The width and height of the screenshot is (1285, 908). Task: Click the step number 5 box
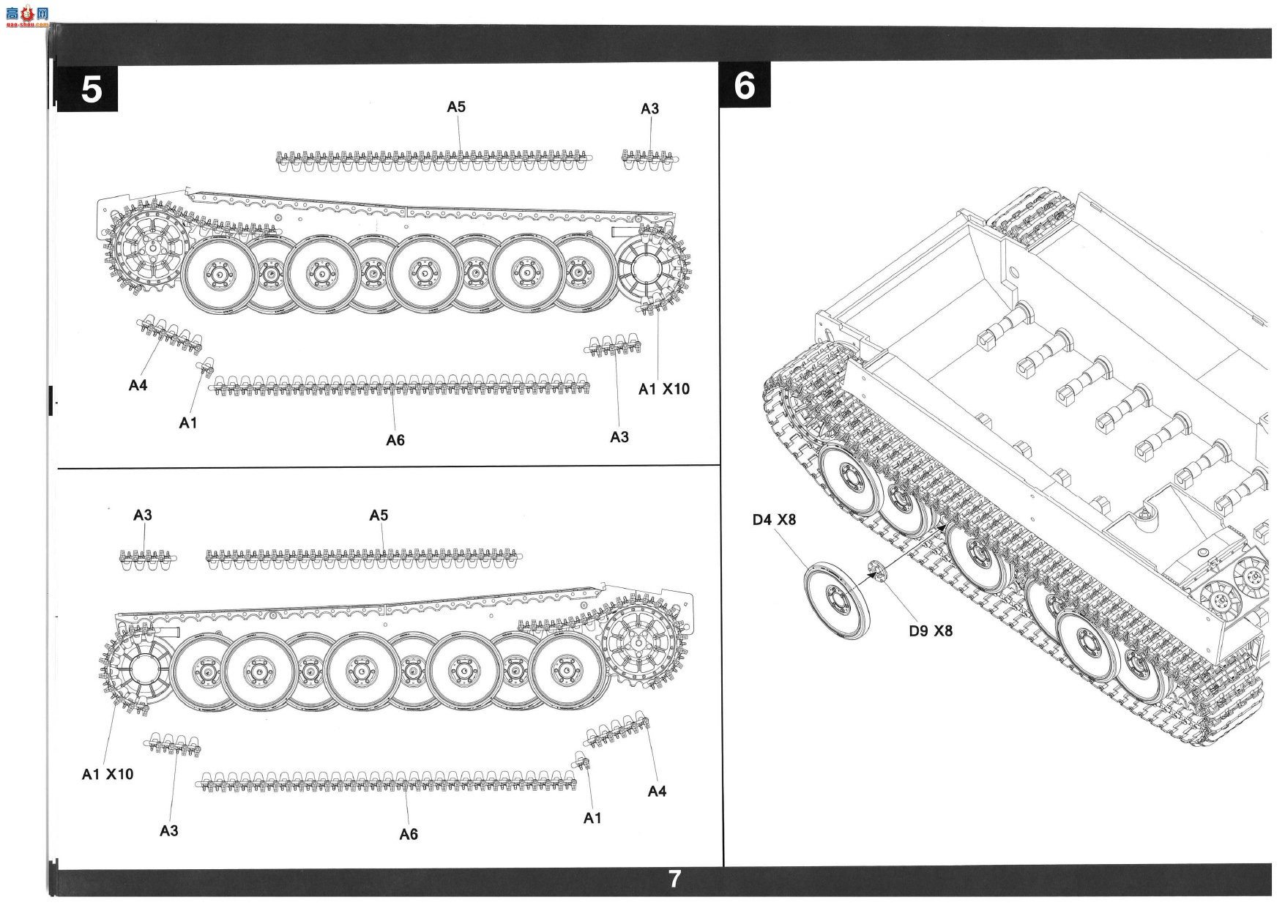pyautogui.click(x=87, y=89)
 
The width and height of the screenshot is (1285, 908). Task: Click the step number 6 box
pyautogui.click(x=745, y=86)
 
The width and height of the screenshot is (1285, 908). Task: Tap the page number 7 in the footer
pyautogui.click(x=674, y=879)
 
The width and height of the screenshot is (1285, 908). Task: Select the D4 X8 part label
pyautogui.click(x=774, y=520)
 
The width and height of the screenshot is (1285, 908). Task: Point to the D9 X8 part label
pyautogui.click(x=931, y=630)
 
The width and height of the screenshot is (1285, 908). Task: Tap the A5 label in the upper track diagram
pyautogui.click(x=456, y=107)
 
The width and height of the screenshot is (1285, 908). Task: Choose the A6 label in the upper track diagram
pyautogui.click(x=395, y=440)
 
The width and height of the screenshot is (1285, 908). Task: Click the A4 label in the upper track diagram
pyautogui.click(x=138, y=385)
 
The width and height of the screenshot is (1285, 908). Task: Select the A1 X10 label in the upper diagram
pyautogui.click(x=664, y=389)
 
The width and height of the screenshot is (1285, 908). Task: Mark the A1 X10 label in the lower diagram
pyautogui.click(x=108, y=774)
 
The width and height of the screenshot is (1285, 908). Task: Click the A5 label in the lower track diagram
pyautogui.click(x=379, y=516)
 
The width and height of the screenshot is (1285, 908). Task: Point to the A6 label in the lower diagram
pyautogui.click(x=409, y=834)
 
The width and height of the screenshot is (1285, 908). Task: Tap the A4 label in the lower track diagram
pyautogui.click(x=658, y=791)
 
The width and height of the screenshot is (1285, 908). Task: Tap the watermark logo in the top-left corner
pyautogui.click(x=26, y=15)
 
